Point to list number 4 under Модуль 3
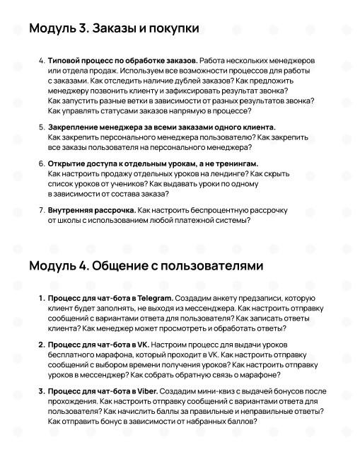tap(41, 61)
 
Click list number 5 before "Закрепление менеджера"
tap(41, 127)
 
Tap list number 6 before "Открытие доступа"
tap(41, 163)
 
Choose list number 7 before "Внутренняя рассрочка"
tap(41, 210)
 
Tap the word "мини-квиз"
tap(221, 391)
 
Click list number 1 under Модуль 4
tap(41, 298)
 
